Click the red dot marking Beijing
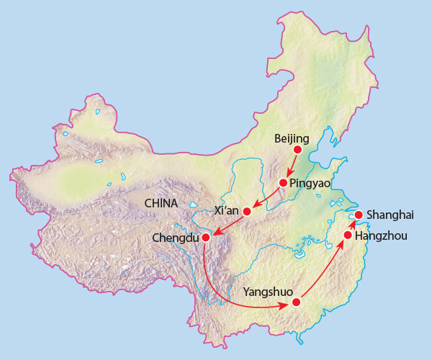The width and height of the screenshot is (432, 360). [297, 150]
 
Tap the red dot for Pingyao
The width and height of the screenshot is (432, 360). [283, 183]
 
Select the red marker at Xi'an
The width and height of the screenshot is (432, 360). [247, 212]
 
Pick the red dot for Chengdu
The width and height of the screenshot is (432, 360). [205, 237]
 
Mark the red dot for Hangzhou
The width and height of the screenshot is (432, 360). [348, 235]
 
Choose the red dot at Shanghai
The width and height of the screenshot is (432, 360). [359, 215]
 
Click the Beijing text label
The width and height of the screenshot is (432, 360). [292, 138]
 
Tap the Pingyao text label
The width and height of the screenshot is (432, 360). [310, 184]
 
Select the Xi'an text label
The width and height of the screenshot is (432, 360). [227, 210]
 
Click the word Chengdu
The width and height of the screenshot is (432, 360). [176, 238]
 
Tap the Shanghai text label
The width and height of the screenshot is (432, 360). [390, 215]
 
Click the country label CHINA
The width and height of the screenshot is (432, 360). [161, 203]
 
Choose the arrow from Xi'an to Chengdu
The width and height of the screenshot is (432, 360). [226, 225]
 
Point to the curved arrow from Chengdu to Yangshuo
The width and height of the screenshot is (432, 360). [223, 295]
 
